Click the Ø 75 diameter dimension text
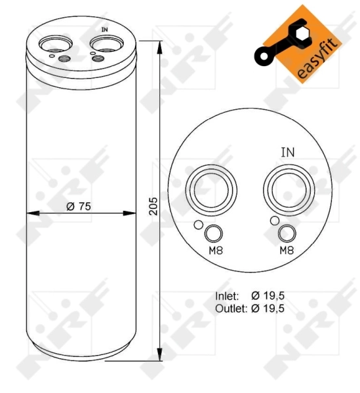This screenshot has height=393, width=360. pyautogui.click(x=78, y=206)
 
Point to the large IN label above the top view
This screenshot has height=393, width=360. pyautogui.click(x=287, y=152)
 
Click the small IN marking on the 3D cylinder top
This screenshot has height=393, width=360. pyautogui.click(x=104, y=30)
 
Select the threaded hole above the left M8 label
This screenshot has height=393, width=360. pyautogui.click(x=213, y=233)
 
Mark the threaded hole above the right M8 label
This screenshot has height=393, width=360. pyautogui.click(x=287, y=233)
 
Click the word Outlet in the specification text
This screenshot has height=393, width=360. pyautogui.click(x=229, y=307)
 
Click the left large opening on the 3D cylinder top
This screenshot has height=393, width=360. pyautogui.click(x=52, y=44)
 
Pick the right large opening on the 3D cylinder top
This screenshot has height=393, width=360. pyautogui.click(x=103, y=44)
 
